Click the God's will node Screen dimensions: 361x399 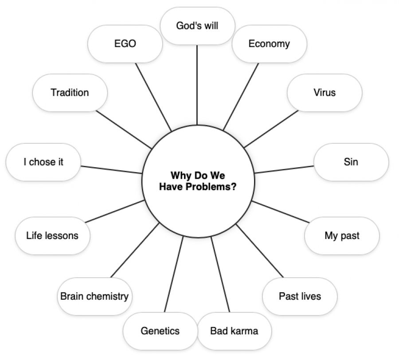pyautogui.click(x=197, y=26)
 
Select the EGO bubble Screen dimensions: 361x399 pyautogui.click(x=125, y=44)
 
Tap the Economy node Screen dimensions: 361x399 pyautogui.click(x=269, y=44)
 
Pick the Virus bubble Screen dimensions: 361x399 pyautogui.click(x=325, y=93)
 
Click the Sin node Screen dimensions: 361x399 pyautogui.click(x=351, y=162)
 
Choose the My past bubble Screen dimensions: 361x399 pyautogui.click(x=342, y=235)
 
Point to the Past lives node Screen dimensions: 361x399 pyautogui.click(x=300, y=296)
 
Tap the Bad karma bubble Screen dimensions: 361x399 pyautogui.click(x=234, y=331)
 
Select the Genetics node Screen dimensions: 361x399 pyautogui.click(x=160, y=331)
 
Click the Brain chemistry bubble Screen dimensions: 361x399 pyautogui.click(x=94, y=296)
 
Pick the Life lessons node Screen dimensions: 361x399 pyautogui.click(x=52, y=235)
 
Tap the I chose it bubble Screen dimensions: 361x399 pyautogui.click(x=43, y=162)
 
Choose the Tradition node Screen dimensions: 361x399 pyautogui.click(x=70, y=93)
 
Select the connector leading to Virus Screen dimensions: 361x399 pyautogui.click(x=271, y=129)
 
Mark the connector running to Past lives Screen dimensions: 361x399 pyautogui.click(x=259, y=250)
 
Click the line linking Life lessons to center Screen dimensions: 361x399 pyautogui.click(x=114, y=212)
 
